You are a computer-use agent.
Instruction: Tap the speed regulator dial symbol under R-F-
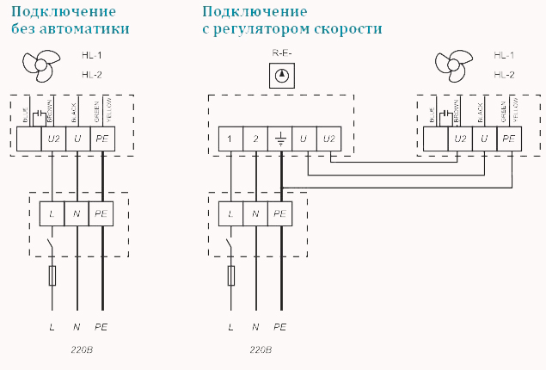pyautogui.click(x=280, y=77)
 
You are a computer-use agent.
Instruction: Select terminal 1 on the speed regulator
pyautogui.click(x=230, y=139)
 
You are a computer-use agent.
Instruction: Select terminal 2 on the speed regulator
pyautogui.click(x=255, y=139)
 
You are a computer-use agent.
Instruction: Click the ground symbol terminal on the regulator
pyautogui.click(x=280, y=139)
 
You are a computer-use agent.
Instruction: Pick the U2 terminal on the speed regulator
pyautogui.click(x=329, y=139)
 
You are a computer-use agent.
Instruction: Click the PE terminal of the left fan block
pyautogui.click(x=103, y=139)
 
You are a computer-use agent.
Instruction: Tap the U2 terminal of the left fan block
pyautogui.click(x=53, y=139)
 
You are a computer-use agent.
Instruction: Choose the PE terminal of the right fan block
pyautogui.click(x=510, y=139)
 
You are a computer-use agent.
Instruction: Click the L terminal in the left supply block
pyautogui.click(x=53, y=213)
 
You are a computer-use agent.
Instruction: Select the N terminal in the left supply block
pyautogui.click(x=78, y=213)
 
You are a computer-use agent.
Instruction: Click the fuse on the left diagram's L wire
pyautogui.click(x=53, y=275)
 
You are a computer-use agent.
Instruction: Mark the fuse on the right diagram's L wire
pyautogui.click(x=230, y=275)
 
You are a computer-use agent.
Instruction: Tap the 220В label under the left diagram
pyautogui.click(x=83, y=350)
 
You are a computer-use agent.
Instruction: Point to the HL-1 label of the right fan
pyautogui.click(x=504, y=54)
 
